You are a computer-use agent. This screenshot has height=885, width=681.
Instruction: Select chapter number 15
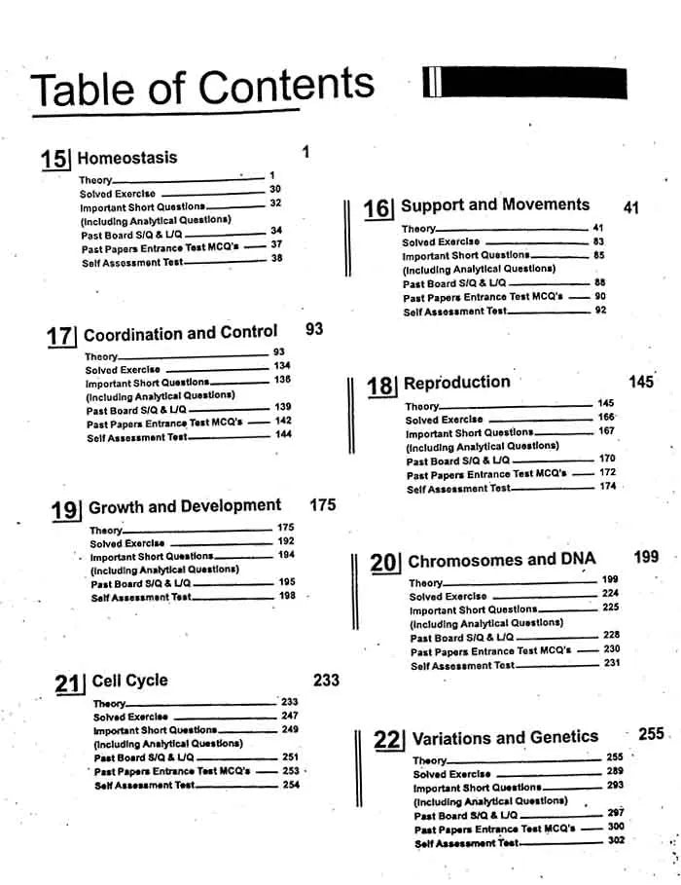click(x=54, y=160)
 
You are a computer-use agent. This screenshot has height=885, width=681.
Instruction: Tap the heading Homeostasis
click(x=126, y=158)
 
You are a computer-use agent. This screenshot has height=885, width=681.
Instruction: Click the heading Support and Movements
click(x=495, y=205)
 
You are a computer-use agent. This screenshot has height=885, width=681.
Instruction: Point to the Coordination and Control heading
click(x=180, y=334)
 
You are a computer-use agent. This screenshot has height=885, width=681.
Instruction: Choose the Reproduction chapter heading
click(x=456, y=383)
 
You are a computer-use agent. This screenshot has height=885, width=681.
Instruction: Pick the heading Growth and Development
click(x=185, y=506)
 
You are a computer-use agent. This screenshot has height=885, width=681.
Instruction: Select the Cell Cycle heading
click(x=129, y=681)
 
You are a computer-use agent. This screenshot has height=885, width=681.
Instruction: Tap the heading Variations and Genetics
click(x=505, y=738)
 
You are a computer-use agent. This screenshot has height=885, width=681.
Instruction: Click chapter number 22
click(x=387, y=740)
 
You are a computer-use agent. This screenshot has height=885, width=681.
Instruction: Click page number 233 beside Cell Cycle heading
click(x=326, y=680)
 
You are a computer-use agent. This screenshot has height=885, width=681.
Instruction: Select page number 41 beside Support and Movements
click(x=630, y=208)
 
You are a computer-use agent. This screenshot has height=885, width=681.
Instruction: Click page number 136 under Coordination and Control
click(x=282, y=380)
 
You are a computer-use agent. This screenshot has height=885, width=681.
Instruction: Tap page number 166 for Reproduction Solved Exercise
click(x=606, y=418)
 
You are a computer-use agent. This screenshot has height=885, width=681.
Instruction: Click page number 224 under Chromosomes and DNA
click(x=610, y=593)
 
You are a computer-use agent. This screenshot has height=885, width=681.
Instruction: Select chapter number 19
click(x=64, y=510)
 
